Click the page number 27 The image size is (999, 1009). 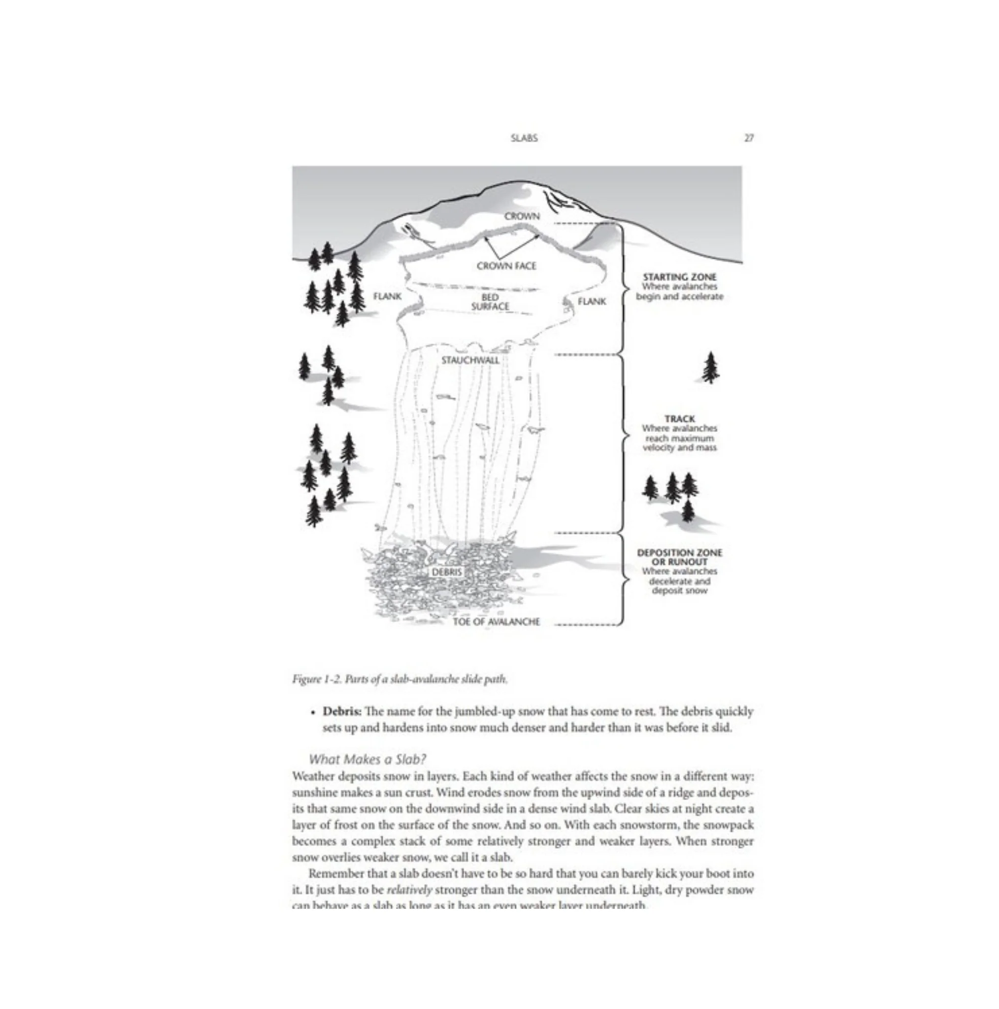748,138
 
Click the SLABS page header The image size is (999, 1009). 524,138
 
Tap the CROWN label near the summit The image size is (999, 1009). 522,216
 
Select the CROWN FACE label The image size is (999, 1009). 506,266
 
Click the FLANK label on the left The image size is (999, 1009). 387,296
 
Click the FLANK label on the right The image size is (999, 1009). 592,302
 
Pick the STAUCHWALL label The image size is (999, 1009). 470,360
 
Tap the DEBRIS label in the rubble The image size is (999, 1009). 446,572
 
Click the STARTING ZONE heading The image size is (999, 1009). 679,277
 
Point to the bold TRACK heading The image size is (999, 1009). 679,418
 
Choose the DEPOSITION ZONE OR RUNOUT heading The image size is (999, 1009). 679,557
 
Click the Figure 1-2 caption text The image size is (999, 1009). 400,679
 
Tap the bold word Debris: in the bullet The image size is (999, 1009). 341,711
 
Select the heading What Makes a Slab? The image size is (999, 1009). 367,759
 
